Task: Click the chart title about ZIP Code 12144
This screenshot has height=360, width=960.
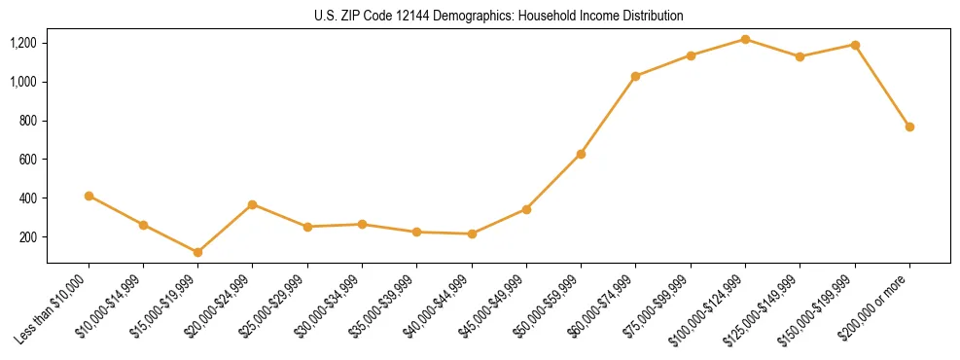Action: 498,16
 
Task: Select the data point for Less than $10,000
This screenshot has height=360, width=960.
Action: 89,196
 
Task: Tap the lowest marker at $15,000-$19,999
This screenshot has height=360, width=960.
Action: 197,252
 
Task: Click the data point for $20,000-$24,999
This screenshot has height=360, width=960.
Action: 252,204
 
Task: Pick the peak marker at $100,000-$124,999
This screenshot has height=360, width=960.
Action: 745,39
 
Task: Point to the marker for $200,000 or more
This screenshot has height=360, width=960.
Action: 909,126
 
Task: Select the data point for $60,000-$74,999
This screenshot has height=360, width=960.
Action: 635,76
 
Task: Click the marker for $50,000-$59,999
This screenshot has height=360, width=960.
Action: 581,154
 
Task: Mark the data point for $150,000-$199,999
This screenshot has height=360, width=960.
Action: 855,45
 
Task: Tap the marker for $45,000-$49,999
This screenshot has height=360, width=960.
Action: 526,209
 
